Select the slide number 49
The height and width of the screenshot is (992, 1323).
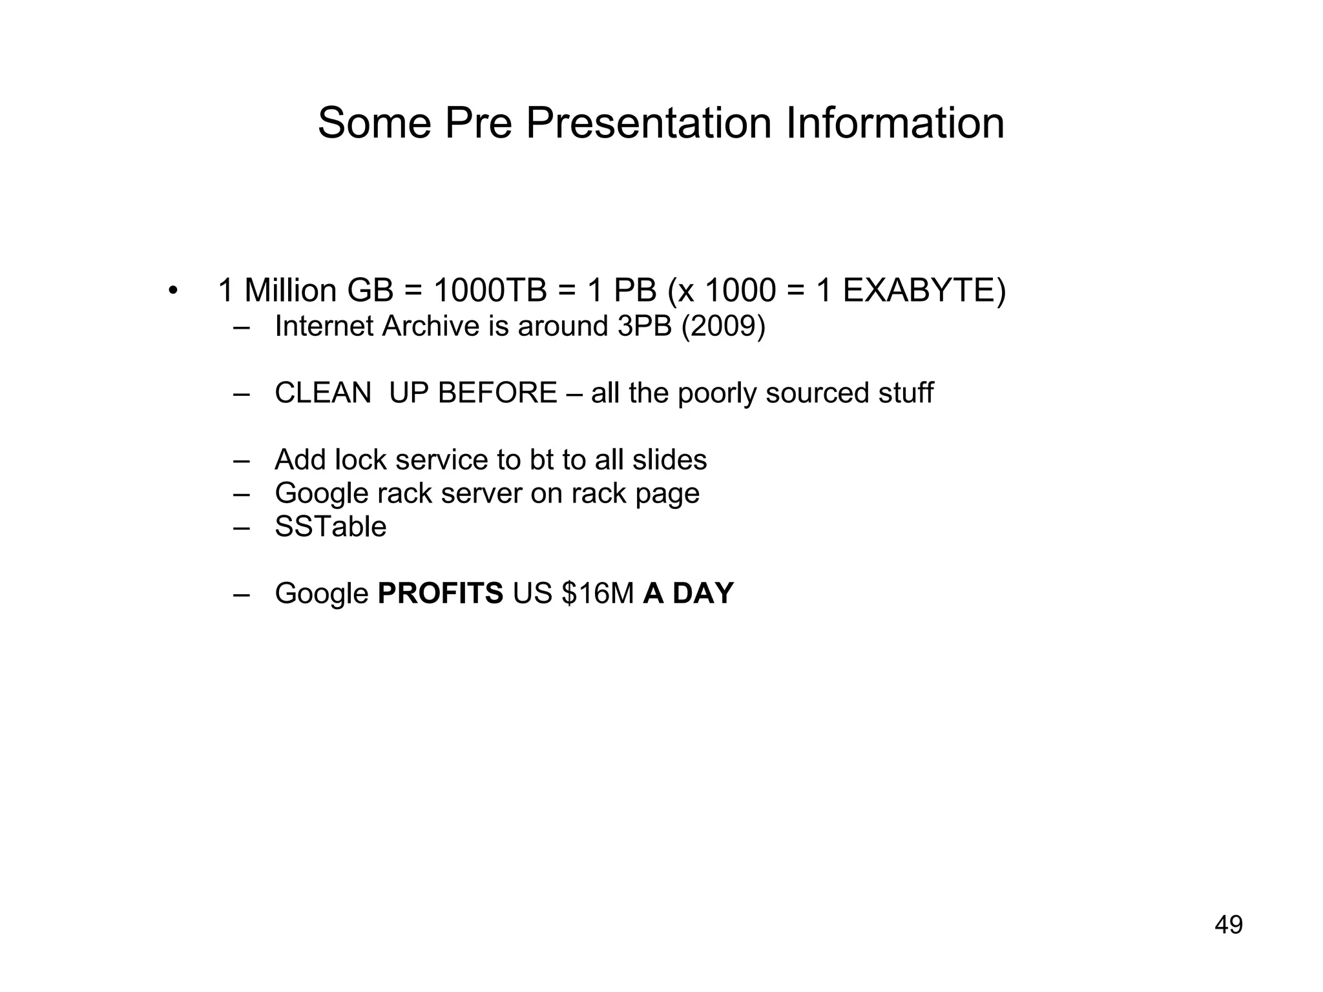pos(1229,925)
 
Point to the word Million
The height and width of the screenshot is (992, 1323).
pos(291,290)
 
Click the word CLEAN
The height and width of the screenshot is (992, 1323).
pos(323,393)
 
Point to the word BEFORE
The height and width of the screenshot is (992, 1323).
pos(497,393)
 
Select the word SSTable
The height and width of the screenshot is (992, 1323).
pos(331,526)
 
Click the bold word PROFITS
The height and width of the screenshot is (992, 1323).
pos(440,593)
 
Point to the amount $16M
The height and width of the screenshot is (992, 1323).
pos(598,593)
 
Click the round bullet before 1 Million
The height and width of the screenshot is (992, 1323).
pos(172,291)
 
